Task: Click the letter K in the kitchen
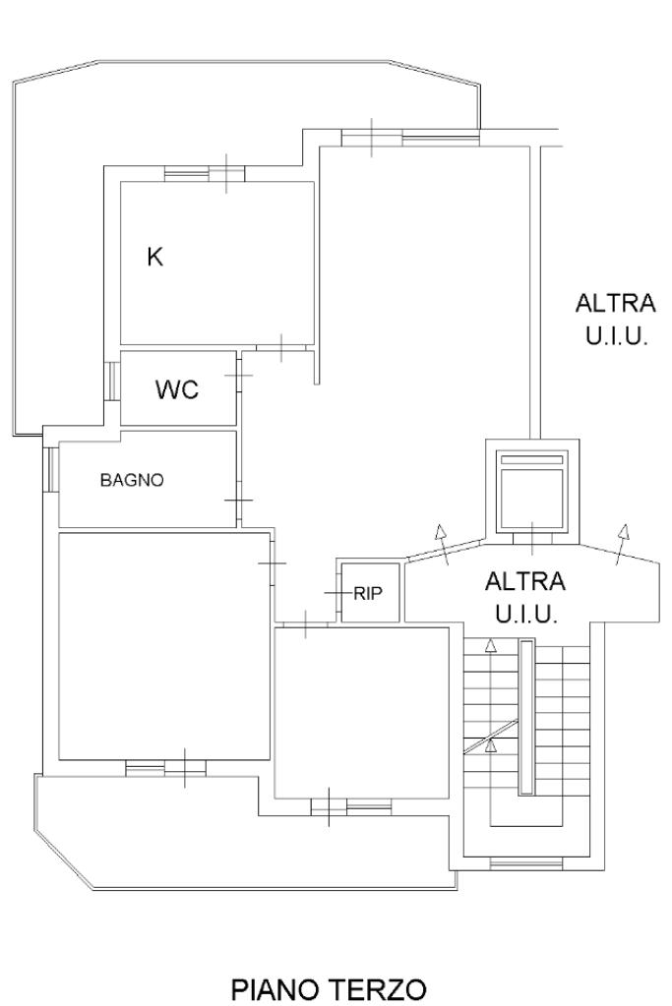pos(154,258)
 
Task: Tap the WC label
pos(177,389)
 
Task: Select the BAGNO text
pos(132,480)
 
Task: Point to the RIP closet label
pos(368,593)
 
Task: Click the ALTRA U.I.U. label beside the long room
pos(616,319)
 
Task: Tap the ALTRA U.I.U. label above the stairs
pos(525,597)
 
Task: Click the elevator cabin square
pos(532,492)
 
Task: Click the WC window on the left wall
pos(112,382)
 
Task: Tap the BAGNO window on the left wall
pos(51,469)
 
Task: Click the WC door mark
pos(239,375)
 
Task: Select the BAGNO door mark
pos(239,500)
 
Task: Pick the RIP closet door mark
pos(337,593)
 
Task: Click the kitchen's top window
pos(205,174)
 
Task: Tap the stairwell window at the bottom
pos(526,864)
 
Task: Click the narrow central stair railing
pos(526,717)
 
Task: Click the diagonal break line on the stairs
pos(491,737)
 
